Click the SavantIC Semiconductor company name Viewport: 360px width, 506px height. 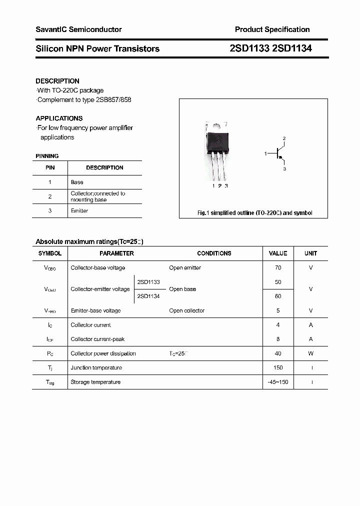78,29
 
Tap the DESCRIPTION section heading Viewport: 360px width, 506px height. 57,81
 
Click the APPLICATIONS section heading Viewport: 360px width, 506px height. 59,118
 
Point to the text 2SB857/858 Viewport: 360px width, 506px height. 115,99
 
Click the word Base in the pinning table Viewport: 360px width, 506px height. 77,182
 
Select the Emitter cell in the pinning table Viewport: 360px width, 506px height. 79,211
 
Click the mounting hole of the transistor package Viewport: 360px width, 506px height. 217,126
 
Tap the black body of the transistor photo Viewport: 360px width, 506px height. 218,141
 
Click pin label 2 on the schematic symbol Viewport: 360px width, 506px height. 284,138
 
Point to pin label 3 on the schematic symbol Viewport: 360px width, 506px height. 284,169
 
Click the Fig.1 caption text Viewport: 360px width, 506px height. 254,213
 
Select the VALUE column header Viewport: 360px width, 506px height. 278,253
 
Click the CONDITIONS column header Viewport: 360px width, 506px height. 214,253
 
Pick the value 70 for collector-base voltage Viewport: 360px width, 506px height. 278,268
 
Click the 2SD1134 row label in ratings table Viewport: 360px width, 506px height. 148,296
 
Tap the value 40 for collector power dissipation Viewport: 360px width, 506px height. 278,353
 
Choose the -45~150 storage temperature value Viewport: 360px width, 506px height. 278,382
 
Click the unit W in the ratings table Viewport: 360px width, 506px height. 310,353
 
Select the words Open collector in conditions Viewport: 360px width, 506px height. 186,311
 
